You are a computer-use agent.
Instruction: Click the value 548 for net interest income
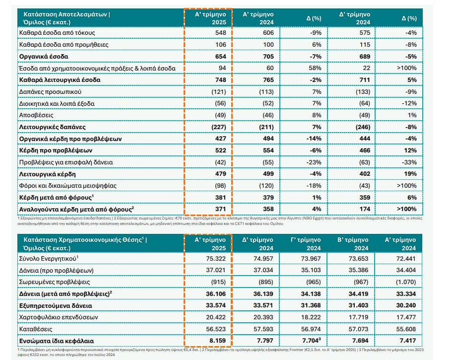[x=220, y=33]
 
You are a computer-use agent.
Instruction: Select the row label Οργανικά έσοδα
[x=44, y=57]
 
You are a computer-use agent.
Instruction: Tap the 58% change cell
[x=315, y=68]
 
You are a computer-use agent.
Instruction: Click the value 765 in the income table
[x=268, y=80]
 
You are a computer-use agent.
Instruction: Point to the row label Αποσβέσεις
[x=36, y=115]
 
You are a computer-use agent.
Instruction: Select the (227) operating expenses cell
[x=218, y=127]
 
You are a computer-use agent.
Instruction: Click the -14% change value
[x=314, y=139]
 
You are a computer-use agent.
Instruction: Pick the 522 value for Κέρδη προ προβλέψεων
[x=220, y=151]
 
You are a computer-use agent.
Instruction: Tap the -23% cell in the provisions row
[x=314, y=162]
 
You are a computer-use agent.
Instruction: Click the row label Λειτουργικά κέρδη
[x=48, y=174]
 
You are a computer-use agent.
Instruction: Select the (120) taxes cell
[x=266, y=186]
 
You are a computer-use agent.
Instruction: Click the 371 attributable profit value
[x=220, y=209]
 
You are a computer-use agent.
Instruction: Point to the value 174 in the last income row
[x=365, y=209]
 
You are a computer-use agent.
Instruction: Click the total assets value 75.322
[x=216, y=259]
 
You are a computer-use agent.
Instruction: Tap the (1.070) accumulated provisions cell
[x=406, y=282]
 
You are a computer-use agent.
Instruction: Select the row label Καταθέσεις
[x=36, y=329]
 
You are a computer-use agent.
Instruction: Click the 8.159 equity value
[x=217, y=341]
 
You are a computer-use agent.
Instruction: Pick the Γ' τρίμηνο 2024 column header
[x=306, y=244]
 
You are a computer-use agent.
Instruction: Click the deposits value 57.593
[x=263, y=329]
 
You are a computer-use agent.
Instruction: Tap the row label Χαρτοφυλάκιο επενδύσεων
[x=59, y=317]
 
